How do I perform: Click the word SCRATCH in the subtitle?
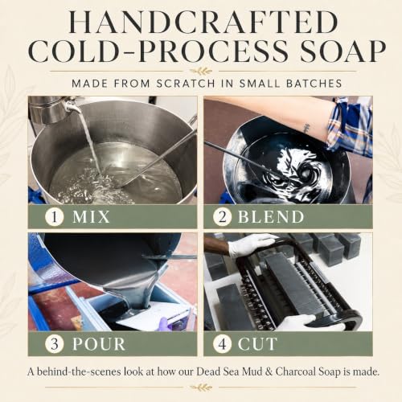click(x=186, y=84)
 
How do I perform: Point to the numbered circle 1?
click(x=55, y=217)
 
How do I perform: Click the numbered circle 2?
click(x=223, y=217)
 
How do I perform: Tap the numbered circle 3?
click(x=55, y=343)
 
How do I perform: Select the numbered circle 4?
click(x=223, y=343)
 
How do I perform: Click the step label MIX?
click(x=91, y=217)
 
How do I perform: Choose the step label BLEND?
click(x=271, y=217)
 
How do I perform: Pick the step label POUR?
click(x=99, y=344)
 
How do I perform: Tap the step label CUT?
click(x=257, y=344)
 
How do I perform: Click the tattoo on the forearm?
click(x=306, y=128)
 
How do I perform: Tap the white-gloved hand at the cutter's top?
click(x=252, y=245)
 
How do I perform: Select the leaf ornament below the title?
click(x=201, y=72)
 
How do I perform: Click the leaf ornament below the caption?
click(x=201, y=388)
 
